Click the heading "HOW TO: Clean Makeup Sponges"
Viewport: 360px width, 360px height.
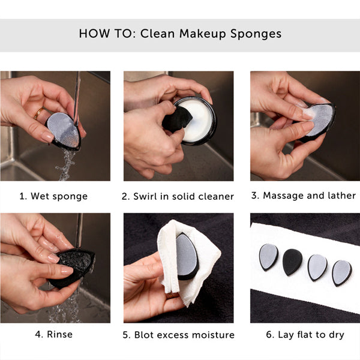(x=180, y=33)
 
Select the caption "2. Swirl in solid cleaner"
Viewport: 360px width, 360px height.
(x=178, y=196)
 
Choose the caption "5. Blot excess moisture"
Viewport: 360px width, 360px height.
(x=178, y=334)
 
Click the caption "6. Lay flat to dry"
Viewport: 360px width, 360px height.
(x=305, y=334)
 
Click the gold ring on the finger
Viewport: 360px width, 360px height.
(x=38, y=112)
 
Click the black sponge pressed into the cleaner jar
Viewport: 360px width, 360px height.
(x=178, y=120)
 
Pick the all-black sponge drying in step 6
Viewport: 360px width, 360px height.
(x=292, y=261)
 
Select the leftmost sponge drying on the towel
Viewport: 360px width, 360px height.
(x=268, y=256)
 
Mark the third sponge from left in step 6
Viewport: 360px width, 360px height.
(x=317, y=267)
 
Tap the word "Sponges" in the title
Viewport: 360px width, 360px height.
(x=256, y=33)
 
